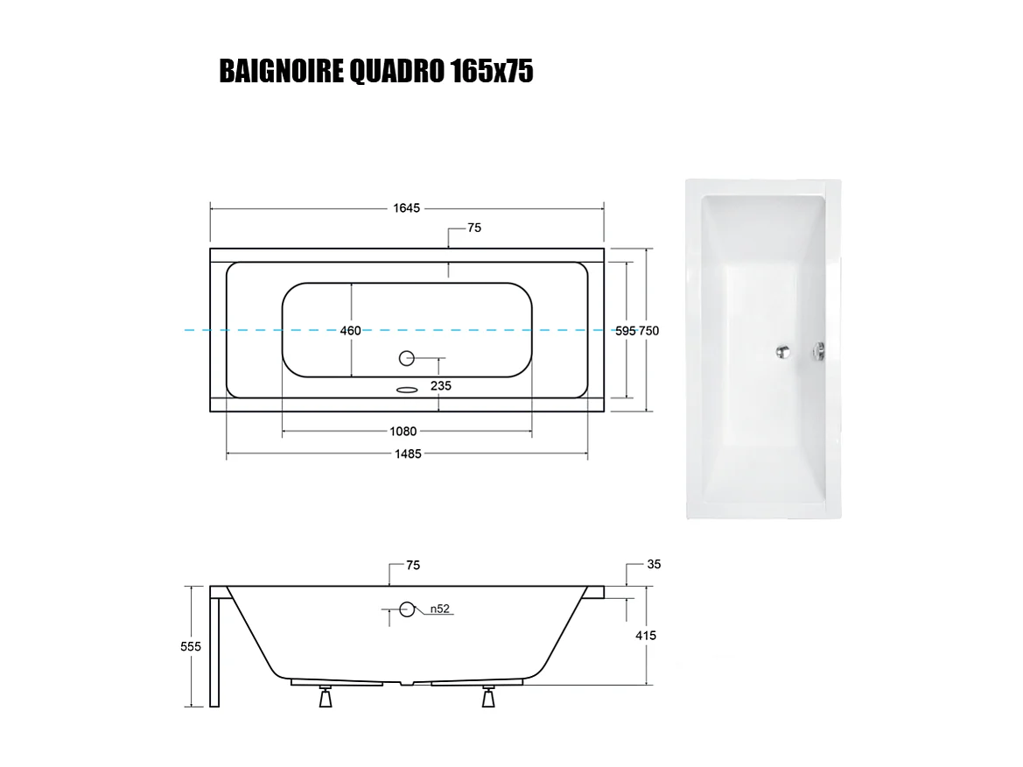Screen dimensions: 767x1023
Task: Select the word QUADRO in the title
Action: (x=396, y=72)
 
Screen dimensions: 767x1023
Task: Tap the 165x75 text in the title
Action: (x=492, y=72)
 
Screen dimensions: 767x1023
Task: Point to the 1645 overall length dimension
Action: (x=407, y=208)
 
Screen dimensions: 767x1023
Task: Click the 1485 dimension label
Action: (x=408, y=454)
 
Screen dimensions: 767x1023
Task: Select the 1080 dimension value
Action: (x=403, y=431)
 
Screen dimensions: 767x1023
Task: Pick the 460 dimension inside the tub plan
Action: (x=350, y=331)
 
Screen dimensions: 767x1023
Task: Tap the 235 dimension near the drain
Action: (x=441, y=385)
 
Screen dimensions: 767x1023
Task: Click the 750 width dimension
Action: (x=648, y=331)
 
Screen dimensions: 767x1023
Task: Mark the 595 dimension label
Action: (x=625, y=331)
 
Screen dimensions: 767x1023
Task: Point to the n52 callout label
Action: (x=439, y=609)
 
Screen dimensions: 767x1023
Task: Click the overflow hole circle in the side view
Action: (x=407, y=609)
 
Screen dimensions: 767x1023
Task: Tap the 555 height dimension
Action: (x=192, y=646)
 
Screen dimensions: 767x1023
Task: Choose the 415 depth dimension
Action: (x=647, y=636)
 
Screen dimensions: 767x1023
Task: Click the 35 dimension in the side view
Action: (x=654, y=565)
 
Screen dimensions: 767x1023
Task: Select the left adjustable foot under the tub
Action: (x=326, y=698)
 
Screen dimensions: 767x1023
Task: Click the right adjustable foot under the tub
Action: (x=487, y=698)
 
